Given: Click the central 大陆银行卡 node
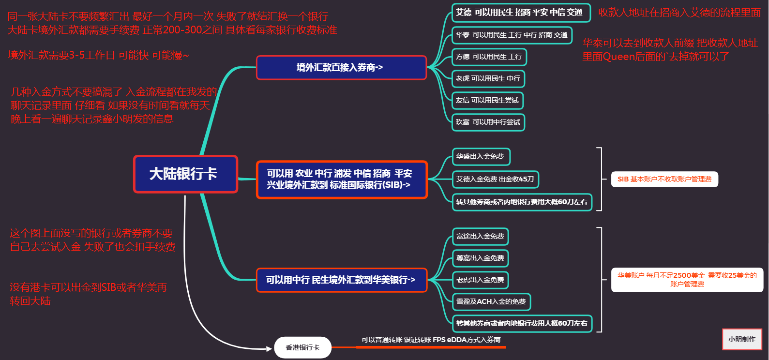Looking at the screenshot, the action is tap(185, 174).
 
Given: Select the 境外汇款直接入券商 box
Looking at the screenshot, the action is tap(341, 68).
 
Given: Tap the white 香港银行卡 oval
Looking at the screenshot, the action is tap(302, 347).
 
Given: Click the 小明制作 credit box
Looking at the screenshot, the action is tap(742, 339).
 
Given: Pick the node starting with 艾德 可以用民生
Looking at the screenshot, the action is tap(521, 13).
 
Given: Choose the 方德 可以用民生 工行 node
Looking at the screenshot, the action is tap(489, 57).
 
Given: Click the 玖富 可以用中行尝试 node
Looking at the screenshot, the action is tap(488, 122).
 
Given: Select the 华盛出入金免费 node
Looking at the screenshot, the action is tap(481, 156).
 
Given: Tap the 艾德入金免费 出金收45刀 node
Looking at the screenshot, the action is tap(496, 179).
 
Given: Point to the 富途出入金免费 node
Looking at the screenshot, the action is tap(480, 237).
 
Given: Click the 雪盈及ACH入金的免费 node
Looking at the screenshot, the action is tap(491, 301).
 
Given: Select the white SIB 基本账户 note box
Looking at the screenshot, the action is tap(664, 179).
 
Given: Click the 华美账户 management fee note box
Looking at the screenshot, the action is tap(687, 280).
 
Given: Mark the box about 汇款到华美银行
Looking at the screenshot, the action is tap(342, 280).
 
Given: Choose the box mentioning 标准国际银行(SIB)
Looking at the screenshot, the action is tap(342, 180).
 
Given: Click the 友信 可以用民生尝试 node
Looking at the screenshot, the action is tap(487, 101).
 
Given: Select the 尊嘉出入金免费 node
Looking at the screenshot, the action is tap(480, 258).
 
